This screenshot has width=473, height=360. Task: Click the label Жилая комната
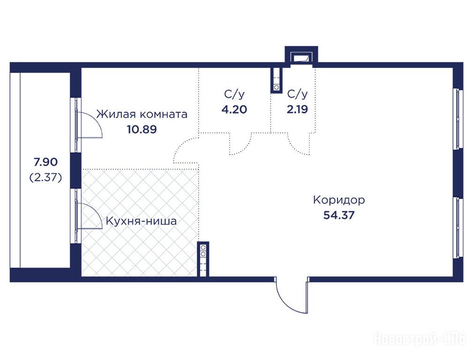[142, 114]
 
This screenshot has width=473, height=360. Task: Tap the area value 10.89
[142, 129]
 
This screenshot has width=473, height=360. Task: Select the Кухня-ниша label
[141, 221]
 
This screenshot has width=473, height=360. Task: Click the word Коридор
[339, 200]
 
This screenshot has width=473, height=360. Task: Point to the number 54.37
[339, 215]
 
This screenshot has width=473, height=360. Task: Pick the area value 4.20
[234, 109]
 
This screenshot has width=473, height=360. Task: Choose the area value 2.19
[297, 109]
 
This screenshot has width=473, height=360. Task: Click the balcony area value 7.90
[45, 162]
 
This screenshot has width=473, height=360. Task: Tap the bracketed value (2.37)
[45, 178]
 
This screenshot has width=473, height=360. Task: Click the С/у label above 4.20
[234, 94]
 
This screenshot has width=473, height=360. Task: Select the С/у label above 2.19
[297, 94]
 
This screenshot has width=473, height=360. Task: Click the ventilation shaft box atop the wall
[301, 56]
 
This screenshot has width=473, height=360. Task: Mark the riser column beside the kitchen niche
[203, 259]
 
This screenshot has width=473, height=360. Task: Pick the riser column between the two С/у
[276, 80]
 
